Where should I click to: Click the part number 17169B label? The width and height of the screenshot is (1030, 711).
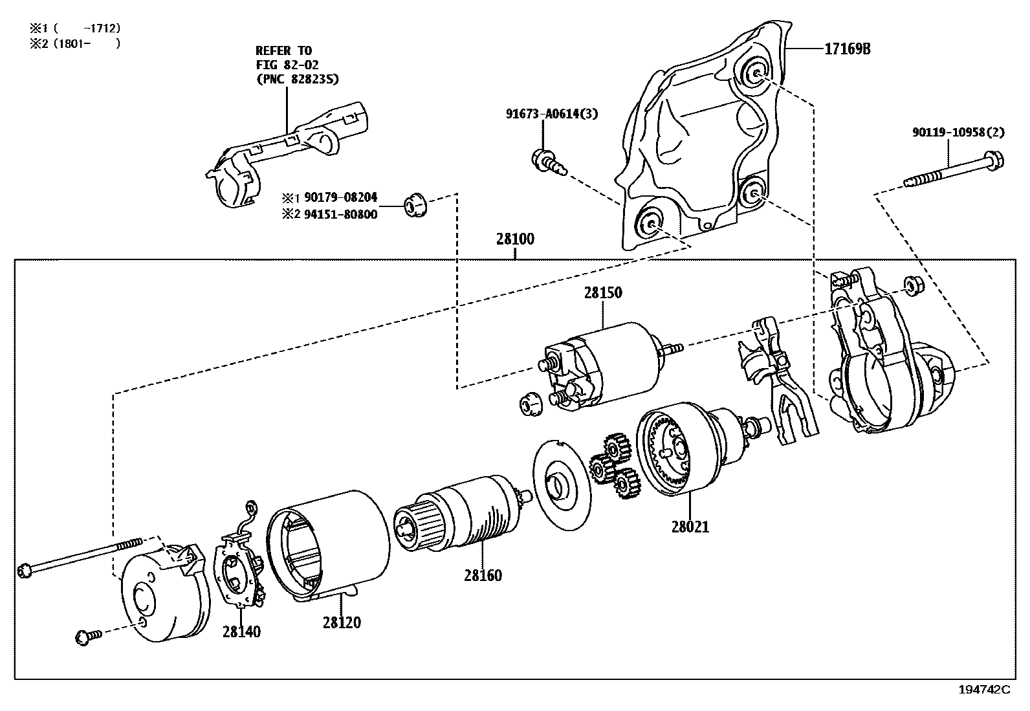pyautogui.click(x=846, y=49)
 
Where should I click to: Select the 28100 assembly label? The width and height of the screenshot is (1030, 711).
pyautogui.click(x=515, y=239)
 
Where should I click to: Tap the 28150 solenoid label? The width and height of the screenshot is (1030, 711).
pyautogui.click(x=602, y=292)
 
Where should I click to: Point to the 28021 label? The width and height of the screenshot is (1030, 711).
pyautogui.click(x=690, y=527)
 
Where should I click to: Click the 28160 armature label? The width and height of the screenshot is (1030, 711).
pyautogui.click(x=482, y=575)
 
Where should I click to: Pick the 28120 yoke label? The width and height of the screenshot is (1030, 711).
pyautogui.click(x=342, y=622)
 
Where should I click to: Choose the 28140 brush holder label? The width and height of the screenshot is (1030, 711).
pyautogui.click(x=241, y=631)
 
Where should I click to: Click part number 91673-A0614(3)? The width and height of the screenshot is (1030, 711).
pyautogui.click(x=552, y=115)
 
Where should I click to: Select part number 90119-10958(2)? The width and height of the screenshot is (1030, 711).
pyautogui.click(x=958, y=133)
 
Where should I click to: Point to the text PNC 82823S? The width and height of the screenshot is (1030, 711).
pyautogui.click(x=298, y=79)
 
